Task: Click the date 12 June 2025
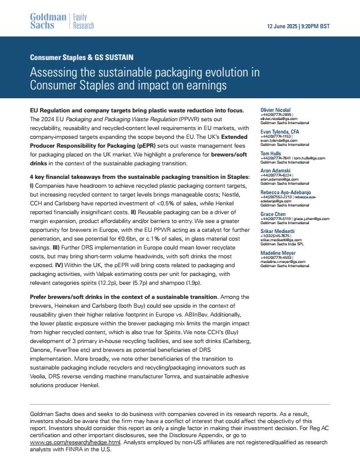tap(283, 27)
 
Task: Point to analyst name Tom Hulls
tap(272, 153)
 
